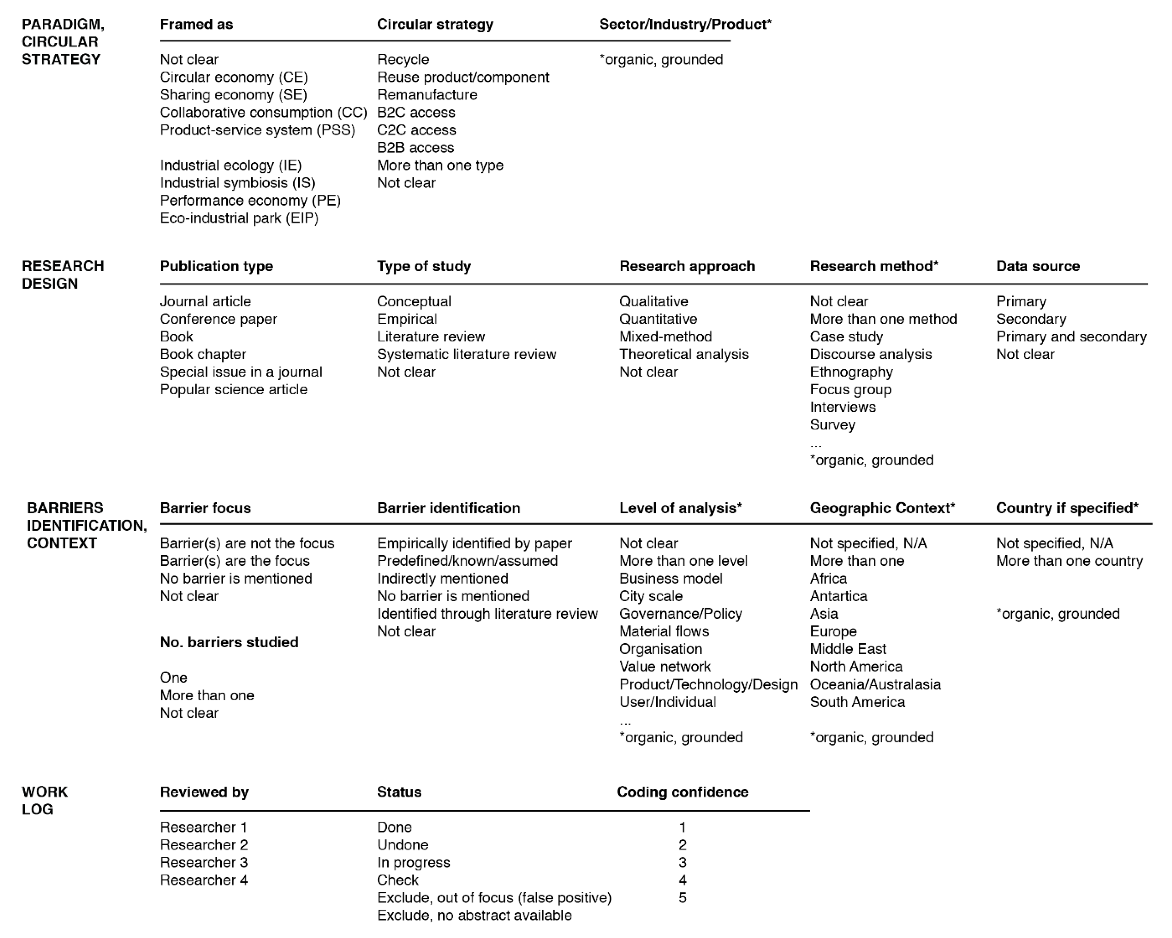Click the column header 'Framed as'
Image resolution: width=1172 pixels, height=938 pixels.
pyautogui.click(x=196, y=25)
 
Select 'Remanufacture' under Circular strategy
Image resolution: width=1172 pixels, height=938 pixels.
pyautogui.click(x=427, y=95)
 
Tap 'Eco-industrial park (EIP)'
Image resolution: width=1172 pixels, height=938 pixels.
pyautogui.click(x=239, y=218)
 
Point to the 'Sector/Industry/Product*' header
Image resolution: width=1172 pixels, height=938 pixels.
pyautogui.click(x=685, y=25)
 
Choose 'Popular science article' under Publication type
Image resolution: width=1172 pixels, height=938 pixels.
pyautogui.click(x=233, y=389)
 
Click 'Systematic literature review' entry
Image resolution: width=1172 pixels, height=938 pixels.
pyautogui.click(x=466, y=354)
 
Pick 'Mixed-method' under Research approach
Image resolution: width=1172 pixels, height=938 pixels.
pyautogui.click(x=665, y=337)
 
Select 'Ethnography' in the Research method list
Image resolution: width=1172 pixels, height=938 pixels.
pyautogui.click(x=851, y=372)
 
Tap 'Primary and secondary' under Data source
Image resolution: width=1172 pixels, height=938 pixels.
pyautogui.click(x=1071, y=337)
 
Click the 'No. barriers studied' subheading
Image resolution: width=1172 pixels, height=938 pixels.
pyautogui.click(x=229, y=642)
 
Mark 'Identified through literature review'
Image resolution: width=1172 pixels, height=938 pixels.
pyautogui.click(x=487, y=613)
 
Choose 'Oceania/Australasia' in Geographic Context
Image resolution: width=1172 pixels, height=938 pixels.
pyautogui.click(x=875, y=684)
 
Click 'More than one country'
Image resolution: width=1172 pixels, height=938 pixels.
pyautogui.click(x=1069, y=561)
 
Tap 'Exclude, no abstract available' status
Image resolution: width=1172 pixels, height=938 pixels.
pyautogui.click(x=474, y=915)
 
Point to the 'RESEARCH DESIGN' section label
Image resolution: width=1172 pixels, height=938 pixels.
pyautogui.click(x=63, y=274)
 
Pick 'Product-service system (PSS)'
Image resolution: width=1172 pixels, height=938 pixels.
pyautogui.click(x=257, y=130)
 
